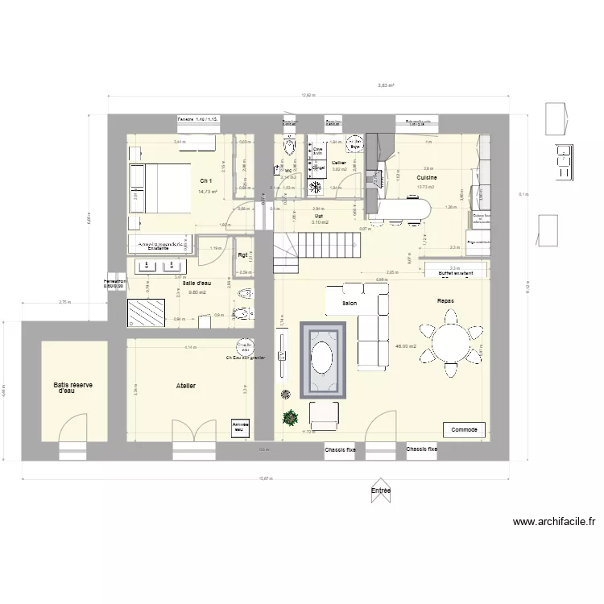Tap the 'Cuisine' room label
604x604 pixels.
coord(426,177)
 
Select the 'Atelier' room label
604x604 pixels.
coord(186,387)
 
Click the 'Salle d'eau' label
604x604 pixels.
coord(197,283)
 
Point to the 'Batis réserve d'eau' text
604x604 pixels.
coord(73,388)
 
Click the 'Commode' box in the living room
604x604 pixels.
coord(464,430)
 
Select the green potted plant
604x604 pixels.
coord(289,418)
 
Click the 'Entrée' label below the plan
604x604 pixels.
coord(380,490)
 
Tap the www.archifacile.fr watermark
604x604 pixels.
coord(554,522)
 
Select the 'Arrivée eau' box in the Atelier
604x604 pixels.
coord(240,427)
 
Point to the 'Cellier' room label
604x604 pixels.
coord(339,163)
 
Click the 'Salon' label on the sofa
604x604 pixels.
coord(350,304)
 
